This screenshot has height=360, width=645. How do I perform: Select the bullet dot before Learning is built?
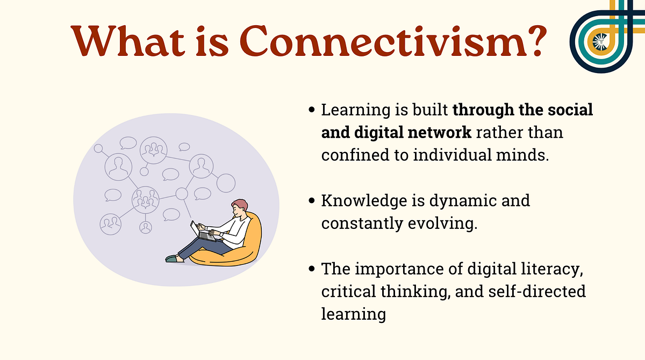click(312, 110)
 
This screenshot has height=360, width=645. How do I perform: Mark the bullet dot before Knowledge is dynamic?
click(312, 201)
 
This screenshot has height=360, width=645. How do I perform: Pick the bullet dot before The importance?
click(312, 268)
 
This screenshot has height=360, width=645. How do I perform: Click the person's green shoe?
click(171, 258)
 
